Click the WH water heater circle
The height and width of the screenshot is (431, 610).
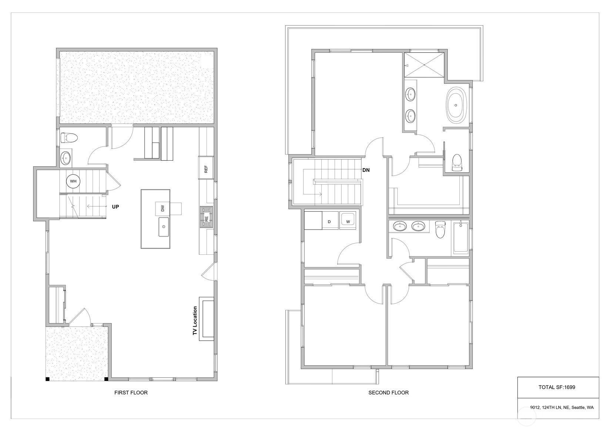pos(73,181)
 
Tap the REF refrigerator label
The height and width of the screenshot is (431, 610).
pos(206,169)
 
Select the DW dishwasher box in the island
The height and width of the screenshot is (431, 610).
pos(162,208)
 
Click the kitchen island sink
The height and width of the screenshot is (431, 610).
pos(164,227)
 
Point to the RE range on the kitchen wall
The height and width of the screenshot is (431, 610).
pos(207,217)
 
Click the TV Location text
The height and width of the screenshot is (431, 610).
pos(195,320)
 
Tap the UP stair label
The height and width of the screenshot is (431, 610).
pos(115,207)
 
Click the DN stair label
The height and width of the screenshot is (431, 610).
pos(366,170)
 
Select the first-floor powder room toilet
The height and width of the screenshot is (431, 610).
pos(69,138)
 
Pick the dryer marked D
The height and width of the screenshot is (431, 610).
pos(330,220)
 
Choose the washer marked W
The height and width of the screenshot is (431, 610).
pos(348,220)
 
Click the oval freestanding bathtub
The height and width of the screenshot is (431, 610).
pos(456,106)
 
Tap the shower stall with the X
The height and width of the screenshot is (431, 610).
pos(424,65)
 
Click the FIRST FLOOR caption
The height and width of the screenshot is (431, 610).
pos(131,392)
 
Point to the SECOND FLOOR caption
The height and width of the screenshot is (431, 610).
pos(389,392)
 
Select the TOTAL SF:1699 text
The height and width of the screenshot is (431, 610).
pos(557,387)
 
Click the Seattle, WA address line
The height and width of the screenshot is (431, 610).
pos(562,408)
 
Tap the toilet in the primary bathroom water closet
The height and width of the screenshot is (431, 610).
pos(457,163)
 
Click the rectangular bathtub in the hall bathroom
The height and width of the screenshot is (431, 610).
pos(460,238)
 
